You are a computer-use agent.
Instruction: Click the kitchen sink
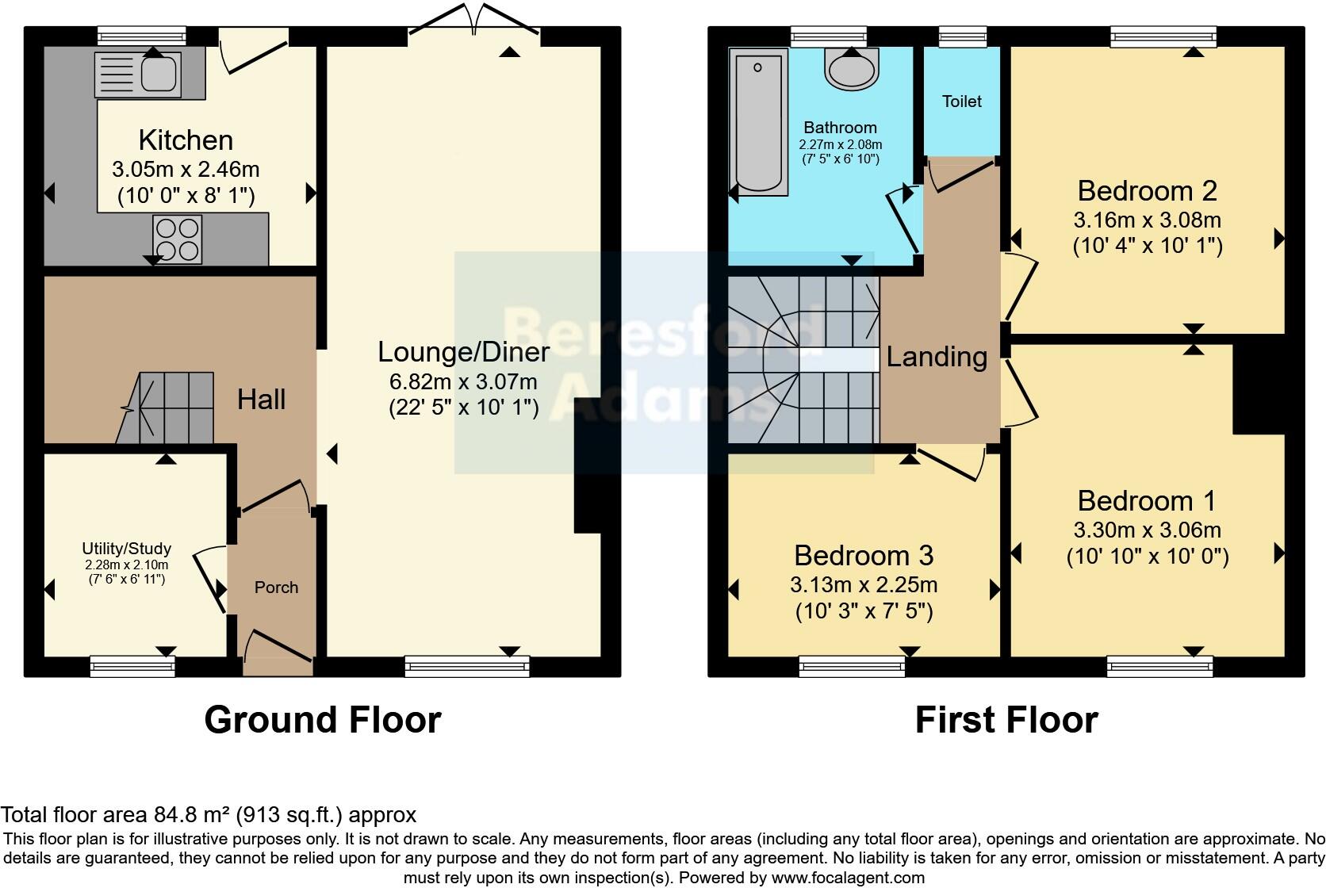tap(137, 72)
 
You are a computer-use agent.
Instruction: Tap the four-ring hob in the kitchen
tap(178, 239)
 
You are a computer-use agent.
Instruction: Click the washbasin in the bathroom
tap(852, 68)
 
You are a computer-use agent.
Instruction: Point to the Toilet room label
tap(961, 101)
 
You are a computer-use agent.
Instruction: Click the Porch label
tap(276, 588)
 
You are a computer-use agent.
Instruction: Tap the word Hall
tap(261, 400)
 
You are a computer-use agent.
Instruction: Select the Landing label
tap(937, 357)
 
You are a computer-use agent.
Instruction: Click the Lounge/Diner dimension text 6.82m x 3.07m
tap(463, 381)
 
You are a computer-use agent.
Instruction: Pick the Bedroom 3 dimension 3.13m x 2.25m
tap(864, 585)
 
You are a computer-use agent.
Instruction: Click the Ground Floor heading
tap(322, 720)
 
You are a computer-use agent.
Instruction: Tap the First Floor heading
tap(1006, 720)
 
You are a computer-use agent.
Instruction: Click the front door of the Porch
tap(277, 646)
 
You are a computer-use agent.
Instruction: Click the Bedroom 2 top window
tap(1163, 36)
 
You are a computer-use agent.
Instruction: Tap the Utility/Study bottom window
tap(132, 666)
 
